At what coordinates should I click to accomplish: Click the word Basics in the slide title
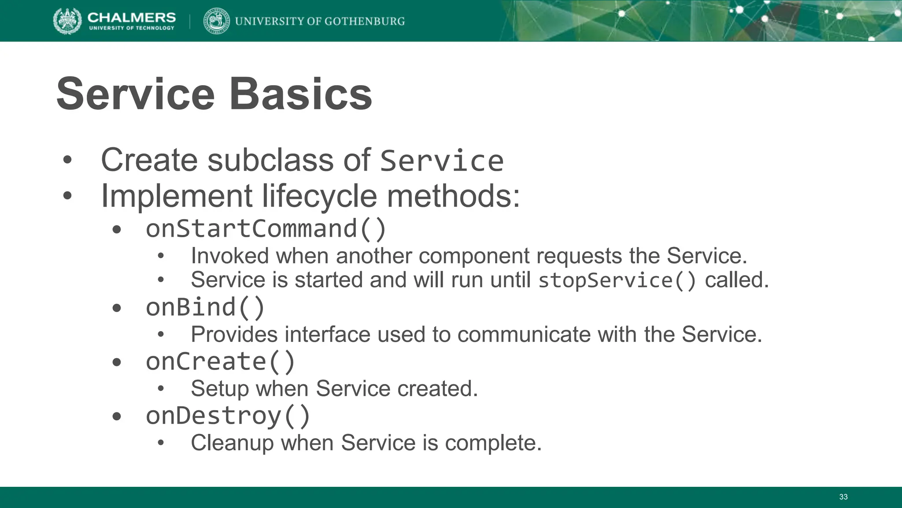click(x=301, y=94)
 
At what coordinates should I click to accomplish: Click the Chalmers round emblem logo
click(x=67, y=21)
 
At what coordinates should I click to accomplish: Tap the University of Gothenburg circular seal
click(x=216, y=21)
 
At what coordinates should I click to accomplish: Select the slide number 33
click(x=843, y=497)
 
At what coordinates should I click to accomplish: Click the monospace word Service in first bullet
click(x=441, y=161)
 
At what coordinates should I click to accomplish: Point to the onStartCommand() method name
click(x=266, y=229)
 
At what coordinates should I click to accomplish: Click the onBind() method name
click(x=205, y=307)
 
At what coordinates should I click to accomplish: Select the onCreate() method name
click(x=220, y=362)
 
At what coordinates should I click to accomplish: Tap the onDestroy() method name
click(x=228, y=416)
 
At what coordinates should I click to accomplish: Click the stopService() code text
click(x=617, y=280)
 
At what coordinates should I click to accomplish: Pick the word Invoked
click(x=229, y=256)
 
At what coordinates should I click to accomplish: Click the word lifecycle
click(x=319, y=196)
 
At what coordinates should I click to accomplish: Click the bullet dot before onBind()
click(x=116, y=308)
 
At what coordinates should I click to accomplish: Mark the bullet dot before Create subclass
click(x=67, y=161)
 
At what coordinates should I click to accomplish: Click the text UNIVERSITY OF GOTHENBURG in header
click(x=320, y=21)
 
